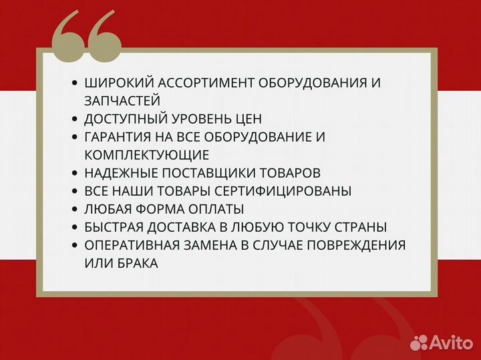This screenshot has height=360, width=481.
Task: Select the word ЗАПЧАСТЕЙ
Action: coord(122,101)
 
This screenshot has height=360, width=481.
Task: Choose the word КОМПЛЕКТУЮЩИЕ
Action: coord(147,155)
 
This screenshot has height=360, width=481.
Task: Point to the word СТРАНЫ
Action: coord(363,227)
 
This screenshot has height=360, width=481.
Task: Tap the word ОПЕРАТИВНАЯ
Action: coord(128,245)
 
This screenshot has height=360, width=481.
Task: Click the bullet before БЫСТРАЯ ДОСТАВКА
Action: coord(74,228)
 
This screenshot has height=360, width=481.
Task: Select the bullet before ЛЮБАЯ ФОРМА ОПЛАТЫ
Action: coord(74,210)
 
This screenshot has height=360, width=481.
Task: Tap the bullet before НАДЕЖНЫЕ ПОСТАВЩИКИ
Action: coord(74,174)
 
